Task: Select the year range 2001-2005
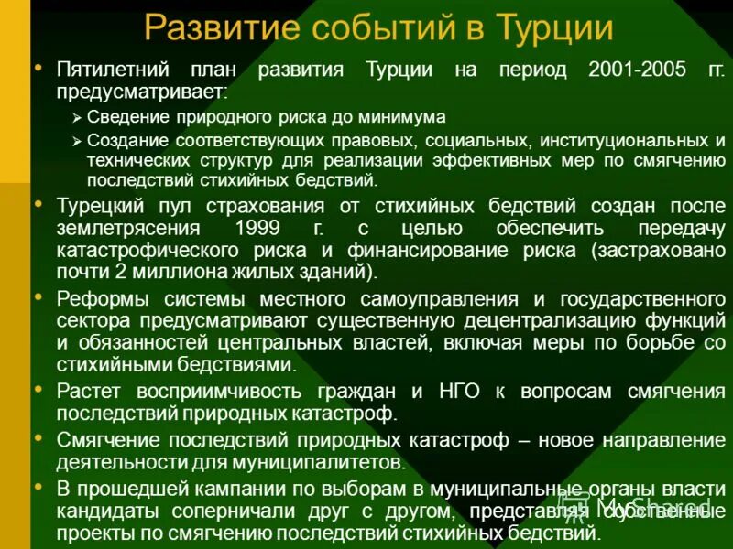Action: [637, 70]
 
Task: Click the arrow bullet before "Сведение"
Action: [77, 118]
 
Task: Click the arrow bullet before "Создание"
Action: [77, 142]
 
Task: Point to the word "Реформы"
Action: [96, 298]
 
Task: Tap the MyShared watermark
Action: [641, 506]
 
